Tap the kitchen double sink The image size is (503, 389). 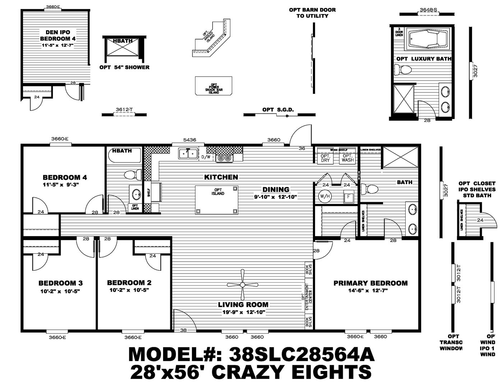(188, 153)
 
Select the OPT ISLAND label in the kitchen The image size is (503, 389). (218, 192)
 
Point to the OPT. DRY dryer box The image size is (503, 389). (325, 158)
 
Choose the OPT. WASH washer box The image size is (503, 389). (347, 158)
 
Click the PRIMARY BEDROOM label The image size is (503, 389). (370, 283)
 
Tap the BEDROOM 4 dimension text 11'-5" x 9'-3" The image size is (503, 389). (60, 184)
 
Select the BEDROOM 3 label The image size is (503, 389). (60, 283)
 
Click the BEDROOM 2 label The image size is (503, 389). (129, 283)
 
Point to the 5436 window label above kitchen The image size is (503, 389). (189, 139)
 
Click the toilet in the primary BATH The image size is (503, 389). (370, 189)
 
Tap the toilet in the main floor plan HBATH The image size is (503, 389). (131, 175)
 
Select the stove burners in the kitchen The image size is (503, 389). (225, 157)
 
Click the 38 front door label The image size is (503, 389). (183, 330)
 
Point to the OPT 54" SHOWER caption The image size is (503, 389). (124, 67)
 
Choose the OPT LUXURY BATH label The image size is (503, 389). (424, 59)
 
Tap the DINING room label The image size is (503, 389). (276, 189)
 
